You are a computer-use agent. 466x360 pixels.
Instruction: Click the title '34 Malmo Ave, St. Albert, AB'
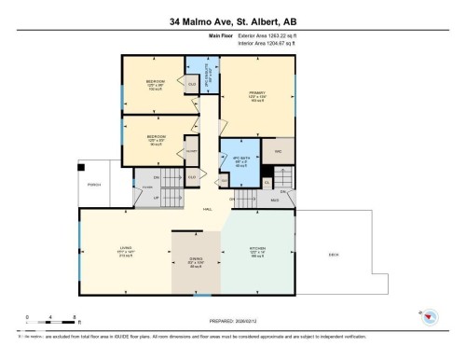[233, 21]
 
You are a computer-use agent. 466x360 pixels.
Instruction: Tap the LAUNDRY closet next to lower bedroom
[191, 150]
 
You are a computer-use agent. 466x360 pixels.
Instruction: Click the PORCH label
[94, 184]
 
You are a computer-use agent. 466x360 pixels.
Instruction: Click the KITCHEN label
[257, 251]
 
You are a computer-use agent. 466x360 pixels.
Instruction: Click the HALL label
[207, 209]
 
